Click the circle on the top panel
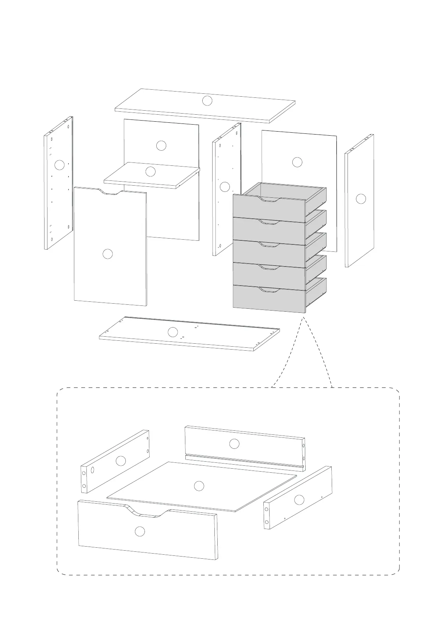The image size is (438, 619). [207, 101]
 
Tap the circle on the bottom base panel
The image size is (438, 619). [172, 332]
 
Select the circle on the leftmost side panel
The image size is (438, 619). [60, 165]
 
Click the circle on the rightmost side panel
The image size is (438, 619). [361, 198]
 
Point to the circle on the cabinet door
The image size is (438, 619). [107, 254]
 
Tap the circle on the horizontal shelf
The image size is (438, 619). [150, 171]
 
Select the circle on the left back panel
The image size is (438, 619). [161, 146]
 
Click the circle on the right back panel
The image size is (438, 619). [297, 162]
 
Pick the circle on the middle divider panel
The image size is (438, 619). [225, 187]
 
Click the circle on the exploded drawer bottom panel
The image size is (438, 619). [199, 486]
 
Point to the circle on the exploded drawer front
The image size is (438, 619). [140, 531]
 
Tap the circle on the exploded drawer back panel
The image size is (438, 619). [234, 444]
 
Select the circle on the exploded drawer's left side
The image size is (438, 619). [121, 461]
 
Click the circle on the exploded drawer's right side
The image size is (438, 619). [299, 500]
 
